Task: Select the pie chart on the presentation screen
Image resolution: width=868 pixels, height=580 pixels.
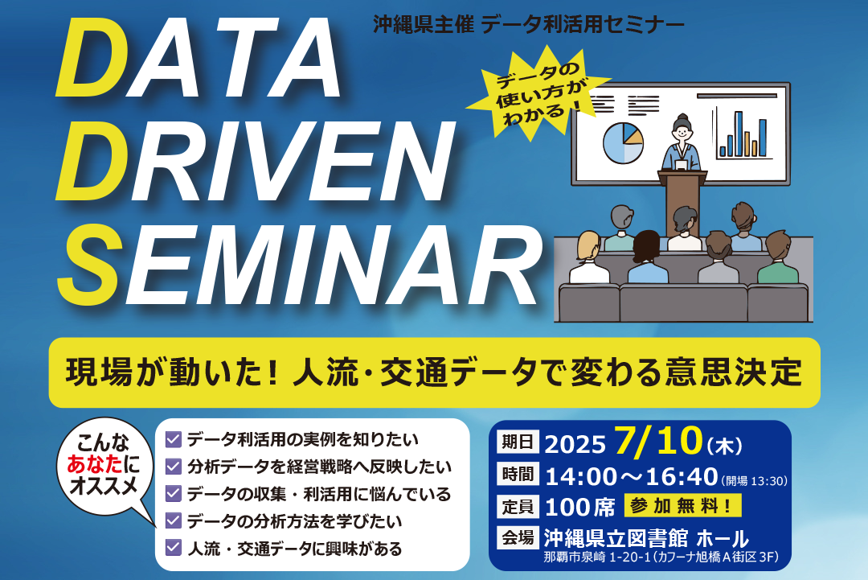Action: pos(624,143)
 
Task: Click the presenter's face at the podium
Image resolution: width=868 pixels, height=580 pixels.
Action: pos(682,132)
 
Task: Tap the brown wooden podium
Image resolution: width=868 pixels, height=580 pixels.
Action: pos(682,202)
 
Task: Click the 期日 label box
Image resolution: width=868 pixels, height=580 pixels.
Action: pos(518,442)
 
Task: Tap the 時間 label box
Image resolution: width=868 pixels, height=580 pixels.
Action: pos(518,474)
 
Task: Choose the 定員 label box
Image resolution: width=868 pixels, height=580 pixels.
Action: pos(518,506)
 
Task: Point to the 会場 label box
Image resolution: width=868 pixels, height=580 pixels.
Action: pos(518,537)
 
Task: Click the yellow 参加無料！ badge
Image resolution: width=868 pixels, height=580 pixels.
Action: pos(683,505)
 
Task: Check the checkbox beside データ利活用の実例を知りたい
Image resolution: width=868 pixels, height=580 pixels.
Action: pos(174,440)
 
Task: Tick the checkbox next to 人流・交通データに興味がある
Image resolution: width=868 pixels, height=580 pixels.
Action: pos(174,547)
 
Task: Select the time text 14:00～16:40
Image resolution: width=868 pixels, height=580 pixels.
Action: pos(631,476)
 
